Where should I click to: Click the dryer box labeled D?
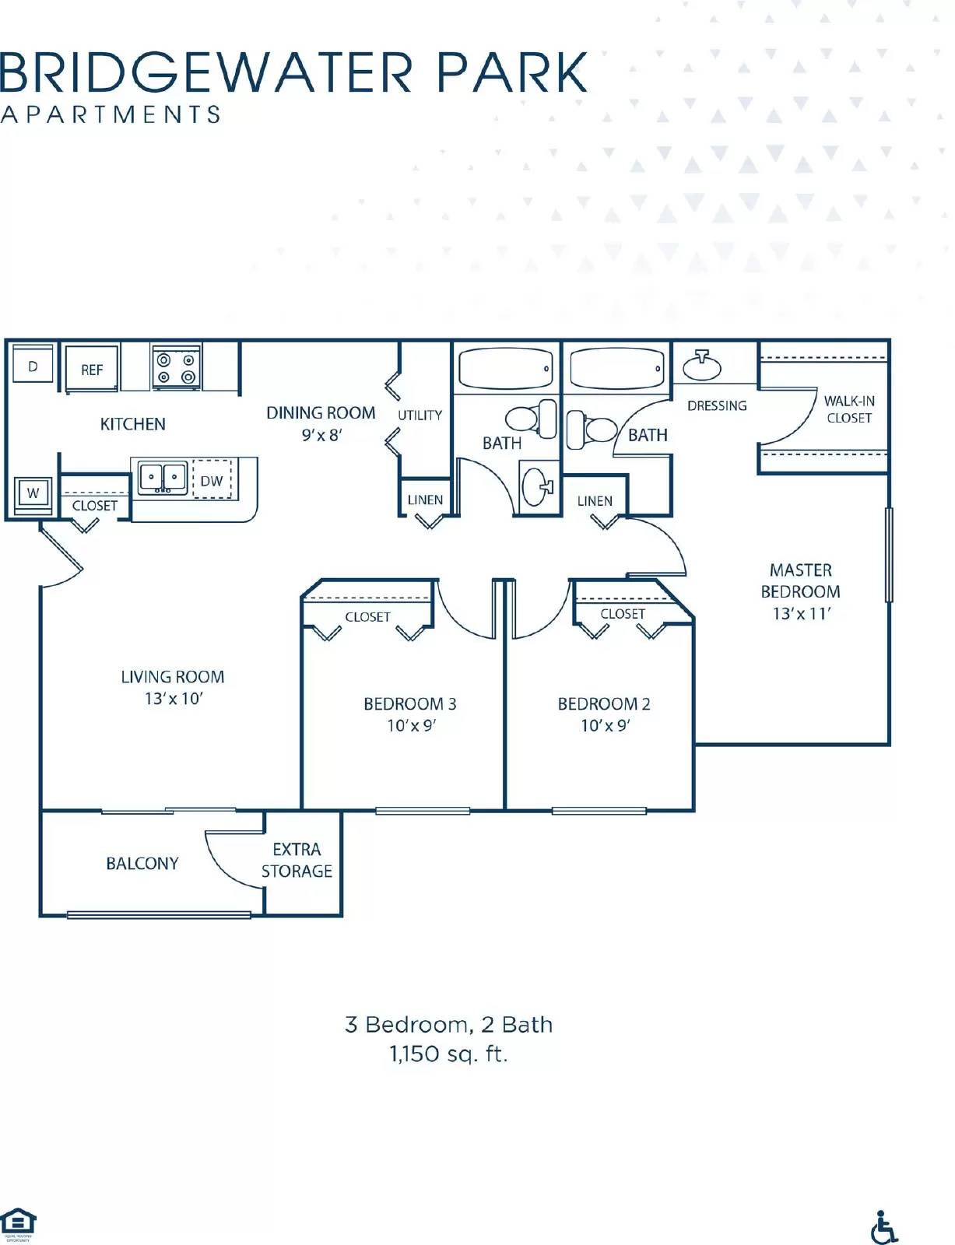click(33, 366)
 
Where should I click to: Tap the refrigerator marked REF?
click(91, 370)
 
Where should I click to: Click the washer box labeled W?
click(33, 493)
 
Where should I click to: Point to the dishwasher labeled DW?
click(212, 481)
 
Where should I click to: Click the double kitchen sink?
click(163, 476)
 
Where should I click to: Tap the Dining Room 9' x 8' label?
click(321, 423)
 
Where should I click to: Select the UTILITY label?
click(420, 416)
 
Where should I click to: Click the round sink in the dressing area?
click(702, 365)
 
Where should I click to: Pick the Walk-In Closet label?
click(849, 409)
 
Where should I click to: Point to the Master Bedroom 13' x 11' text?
click(801, 591)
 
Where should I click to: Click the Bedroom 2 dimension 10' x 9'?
click(605, 726)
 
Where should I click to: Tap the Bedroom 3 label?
click(409, 704)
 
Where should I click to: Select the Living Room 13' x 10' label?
click(173, 688)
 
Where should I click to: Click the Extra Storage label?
click(297, 860)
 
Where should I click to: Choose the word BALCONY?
click(142, 864)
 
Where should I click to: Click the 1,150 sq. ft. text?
click(448, 1054)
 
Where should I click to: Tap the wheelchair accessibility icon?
click(883, 1227)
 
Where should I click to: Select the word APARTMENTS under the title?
click(111, 114)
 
